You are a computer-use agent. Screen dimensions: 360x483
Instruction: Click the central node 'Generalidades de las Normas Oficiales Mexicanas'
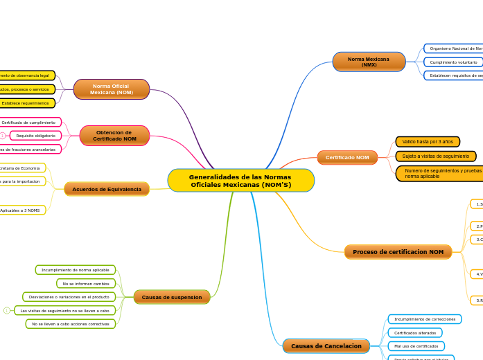240,181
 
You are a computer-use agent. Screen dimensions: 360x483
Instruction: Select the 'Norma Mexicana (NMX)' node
369,62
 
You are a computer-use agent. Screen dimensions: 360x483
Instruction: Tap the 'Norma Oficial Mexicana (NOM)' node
111,89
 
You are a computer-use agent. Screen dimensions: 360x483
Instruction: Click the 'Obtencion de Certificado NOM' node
114,136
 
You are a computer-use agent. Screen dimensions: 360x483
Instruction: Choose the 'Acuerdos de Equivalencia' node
107,189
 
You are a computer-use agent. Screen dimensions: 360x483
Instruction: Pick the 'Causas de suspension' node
172,297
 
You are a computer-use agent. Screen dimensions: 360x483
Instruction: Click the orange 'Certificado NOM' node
347,158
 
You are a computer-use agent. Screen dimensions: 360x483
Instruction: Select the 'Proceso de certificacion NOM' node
398,252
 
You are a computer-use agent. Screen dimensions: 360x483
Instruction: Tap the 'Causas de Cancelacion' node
326,345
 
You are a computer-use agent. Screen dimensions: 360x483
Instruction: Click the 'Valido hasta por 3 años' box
428,142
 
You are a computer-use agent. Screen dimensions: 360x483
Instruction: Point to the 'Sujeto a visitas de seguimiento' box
436,156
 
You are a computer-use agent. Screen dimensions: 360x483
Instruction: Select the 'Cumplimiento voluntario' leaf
453,62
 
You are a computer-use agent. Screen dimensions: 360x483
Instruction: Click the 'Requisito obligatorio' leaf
36,136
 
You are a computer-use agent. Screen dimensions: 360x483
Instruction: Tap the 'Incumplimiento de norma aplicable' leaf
76,270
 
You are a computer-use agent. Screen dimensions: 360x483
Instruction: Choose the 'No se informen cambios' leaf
86,284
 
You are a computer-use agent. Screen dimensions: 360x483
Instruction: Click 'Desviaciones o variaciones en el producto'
69,297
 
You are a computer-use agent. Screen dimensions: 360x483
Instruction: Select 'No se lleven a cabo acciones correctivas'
71,324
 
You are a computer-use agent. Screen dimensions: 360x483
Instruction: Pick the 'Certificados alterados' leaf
415,333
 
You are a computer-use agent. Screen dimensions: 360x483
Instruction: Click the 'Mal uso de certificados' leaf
416,346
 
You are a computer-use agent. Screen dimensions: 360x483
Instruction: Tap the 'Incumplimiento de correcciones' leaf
425,319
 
